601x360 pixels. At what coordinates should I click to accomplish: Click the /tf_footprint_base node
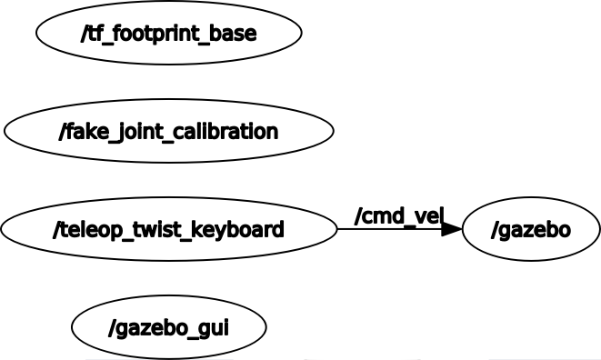(168, 34)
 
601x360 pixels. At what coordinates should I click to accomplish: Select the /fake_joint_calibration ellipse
(168, 131)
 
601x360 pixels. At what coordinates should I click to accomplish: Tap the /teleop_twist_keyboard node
(168, 229)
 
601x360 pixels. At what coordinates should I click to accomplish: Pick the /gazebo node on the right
(531, 229)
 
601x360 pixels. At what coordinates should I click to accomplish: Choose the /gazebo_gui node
(168, 327)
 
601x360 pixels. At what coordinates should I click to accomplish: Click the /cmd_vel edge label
(399, 215)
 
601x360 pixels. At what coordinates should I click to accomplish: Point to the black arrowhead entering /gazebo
(452, 229)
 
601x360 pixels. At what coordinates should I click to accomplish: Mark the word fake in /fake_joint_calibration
(85, 132)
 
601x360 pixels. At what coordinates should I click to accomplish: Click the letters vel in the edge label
(427, 215)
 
